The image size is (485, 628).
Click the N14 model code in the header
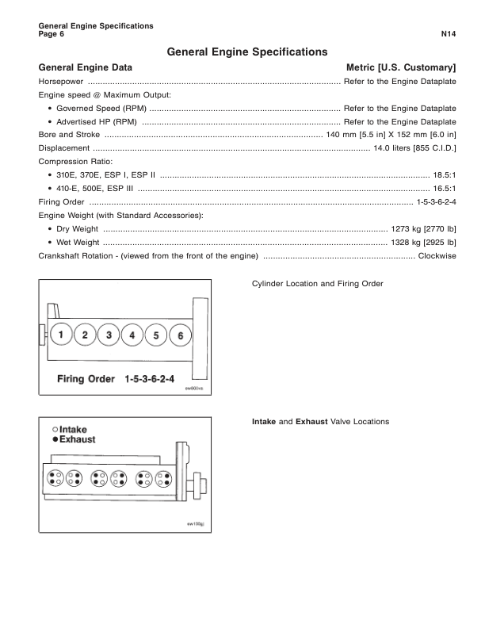coord(448,35)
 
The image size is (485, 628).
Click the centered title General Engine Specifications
coord(247,52)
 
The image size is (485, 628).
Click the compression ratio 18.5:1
coord(445,175)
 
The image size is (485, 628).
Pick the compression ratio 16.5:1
coord(445,189)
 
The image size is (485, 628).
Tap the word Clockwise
coord(437,256)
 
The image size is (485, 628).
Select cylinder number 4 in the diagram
coord(132,335)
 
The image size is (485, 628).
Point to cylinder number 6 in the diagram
coord(180,335)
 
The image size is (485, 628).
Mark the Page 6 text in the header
coord(51,35)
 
